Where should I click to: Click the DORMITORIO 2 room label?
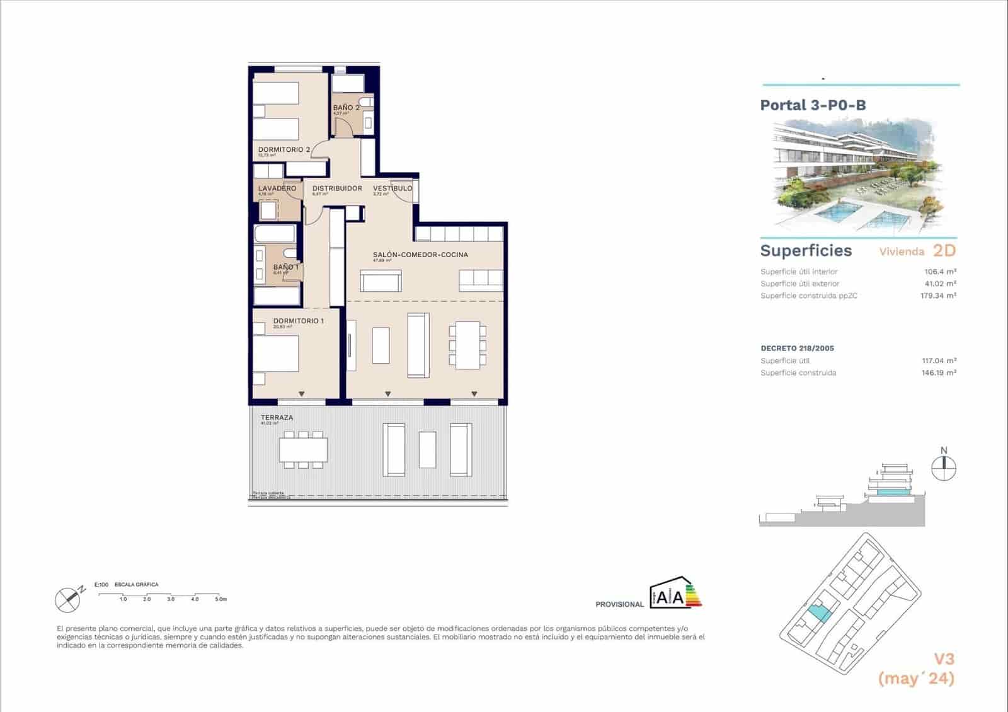pyautogui.click(x=284, y=150)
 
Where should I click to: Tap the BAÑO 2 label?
pyautogui.click(x=346, y=108)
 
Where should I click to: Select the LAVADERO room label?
pyautogui.click(x=277, y=188)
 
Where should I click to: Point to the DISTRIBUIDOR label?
pyautogui.click(x=337, y=188)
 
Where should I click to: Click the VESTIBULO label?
pyautogui.click(x=392, y=188)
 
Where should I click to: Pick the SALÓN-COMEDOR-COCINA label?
pyautogui.click(x=420, y=255)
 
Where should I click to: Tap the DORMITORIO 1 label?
pyautogui.click(x=299, y=321)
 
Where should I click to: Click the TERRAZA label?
pyautogui.click(x=277, y=418)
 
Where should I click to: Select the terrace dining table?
pyautogui.click(x=304, y=449)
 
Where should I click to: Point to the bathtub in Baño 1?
pyautogui.click(x=275, y=234)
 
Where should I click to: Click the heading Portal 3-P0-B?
pyautogui.click(x=813, y=105)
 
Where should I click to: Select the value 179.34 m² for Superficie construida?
pyautogui.click(x=938, y=296)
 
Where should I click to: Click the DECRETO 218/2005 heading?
pyautogui.click(x=797, y=348)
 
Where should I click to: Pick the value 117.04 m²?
pyautogui.click(x=939, y=361)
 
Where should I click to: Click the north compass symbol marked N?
pyautogui.click(x=944, y=467)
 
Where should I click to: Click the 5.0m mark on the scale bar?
pyautogui.click(x=220, y=599)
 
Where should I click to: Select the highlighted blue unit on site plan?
pyautogui.click(x=817, y=611)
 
